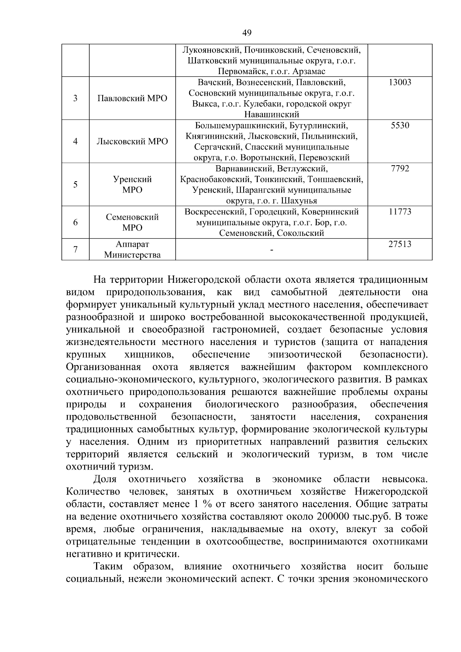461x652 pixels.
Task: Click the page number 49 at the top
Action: point(247,33)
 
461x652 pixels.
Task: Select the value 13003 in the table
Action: point(400,82)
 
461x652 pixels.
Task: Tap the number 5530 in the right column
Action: point(400,126)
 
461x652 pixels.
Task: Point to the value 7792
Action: point(400,169)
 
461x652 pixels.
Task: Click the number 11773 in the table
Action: point(400,212)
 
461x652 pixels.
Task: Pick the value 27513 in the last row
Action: point(400,244)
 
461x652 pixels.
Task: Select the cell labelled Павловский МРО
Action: point(133,98)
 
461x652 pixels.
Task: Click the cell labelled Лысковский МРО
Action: point(133,141)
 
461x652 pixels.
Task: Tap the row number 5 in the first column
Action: point(75,184)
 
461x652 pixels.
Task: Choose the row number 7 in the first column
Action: point(75,249)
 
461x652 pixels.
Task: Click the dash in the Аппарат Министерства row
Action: point(272,251)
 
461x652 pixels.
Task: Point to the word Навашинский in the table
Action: point(272,114)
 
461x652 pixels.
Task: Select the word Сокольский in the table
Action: point(298,233)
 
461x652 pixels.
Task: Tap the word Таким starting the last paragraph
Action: point(108,566)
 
